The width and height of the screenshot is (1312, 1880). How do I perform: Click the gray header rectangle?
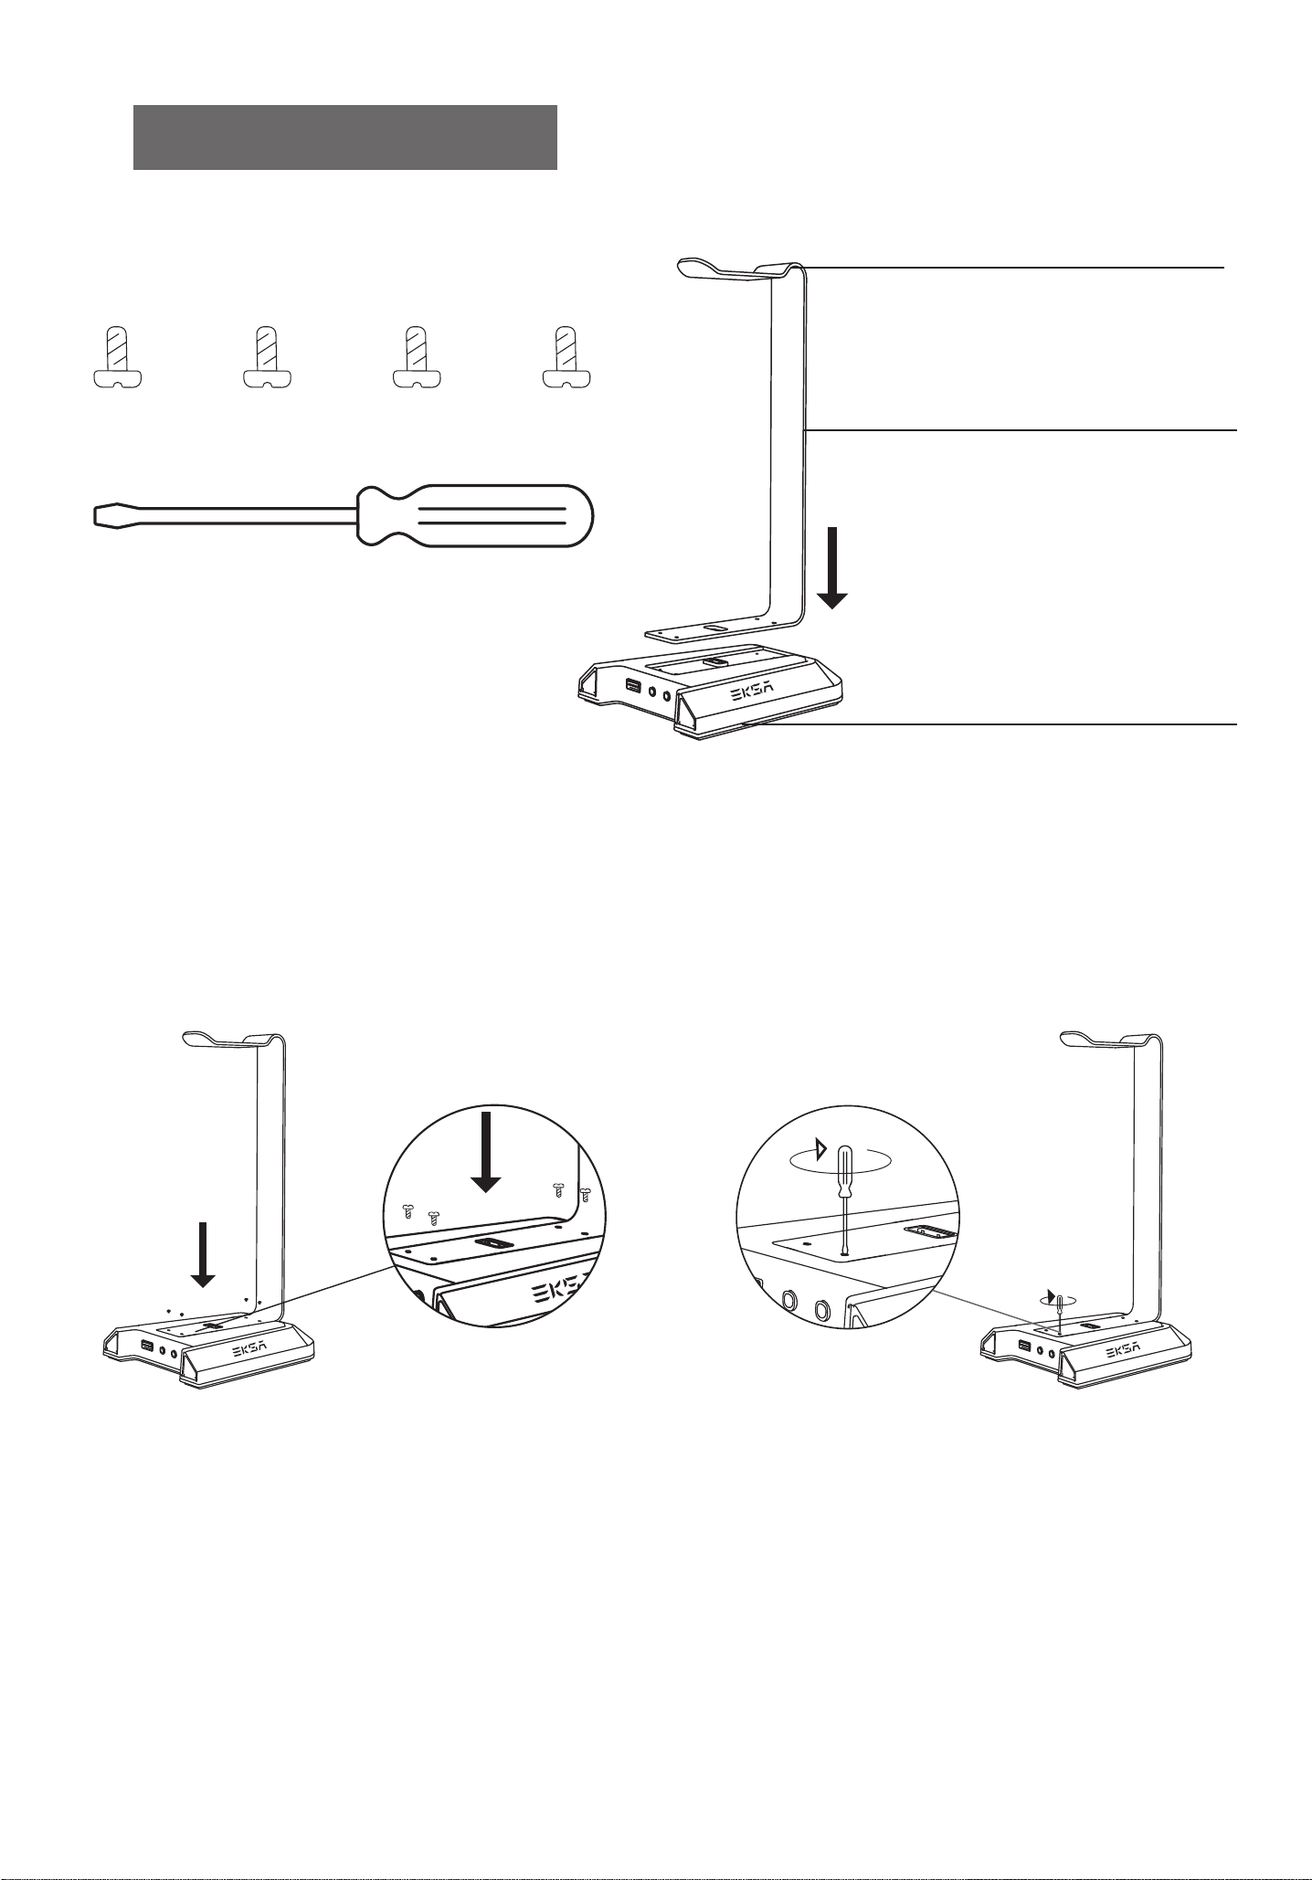coord(345,137)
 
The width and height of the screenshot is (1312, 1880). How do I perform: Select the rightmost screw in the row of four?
coord(567,357)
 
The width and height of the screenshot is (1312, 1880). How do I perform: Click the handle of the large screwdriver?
coord(474,515)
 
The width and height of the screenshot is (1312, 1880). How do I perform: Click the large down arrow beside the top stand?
coord(832,567)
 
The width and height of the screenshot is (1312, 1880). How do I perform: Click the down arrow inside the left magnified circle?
coord(486,1152)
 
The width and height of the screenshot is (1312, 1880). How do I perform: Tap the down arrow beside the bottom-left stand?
coord(203,1254)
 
